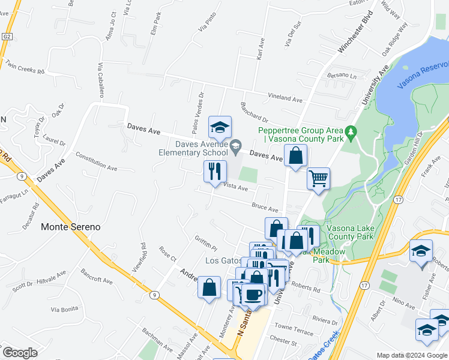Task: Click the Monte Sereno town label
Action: tap(71, 227)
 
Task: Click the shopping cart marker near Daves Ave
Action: tap(318, 178)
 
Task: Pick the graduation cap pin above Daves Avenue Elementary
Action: tap(220, 127)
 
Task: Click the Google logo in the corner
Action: tap(19, 352)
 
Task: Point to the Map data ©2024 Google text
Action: tap(411, 355)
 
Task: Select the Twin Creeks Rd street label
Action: tap(25, 67)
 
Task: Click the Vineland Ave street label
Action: tap(285, 98)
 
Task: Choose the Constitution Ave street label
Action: tap(96, 161)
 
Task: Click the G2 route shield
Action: tap(7, 37)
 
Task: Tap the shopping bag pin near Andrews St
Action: tap(209, 287)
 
